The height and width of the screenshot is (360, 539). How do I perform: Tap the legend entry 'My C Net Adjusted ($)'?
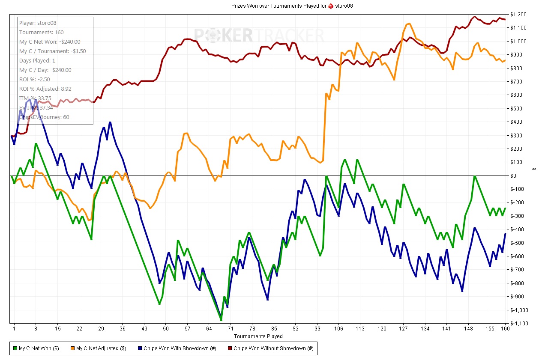point(101,348)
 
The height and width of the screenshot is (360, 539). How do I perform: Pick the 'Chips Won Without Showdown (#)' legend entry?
point(273,348)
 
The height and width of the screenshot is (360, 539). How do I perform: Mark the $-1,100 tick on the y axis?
point(519,324)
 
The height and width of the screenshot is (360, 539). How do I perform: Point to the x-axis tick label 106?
point(338,329)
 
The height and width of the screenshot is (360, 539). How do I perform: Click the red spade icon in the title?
point(331,6)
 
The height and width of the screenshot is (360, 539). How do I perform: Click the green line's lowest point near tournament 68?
point(221,320)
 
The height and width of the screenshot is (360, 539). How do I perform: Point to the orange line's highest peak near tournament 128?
point(409,24)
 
